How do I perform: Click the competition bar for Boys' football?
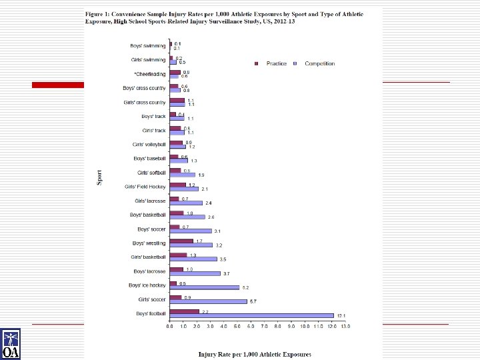coord(251,315)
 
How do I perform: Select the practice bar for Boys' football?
coord(185,311)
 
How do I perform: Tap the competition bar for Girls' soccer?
coord(208,301)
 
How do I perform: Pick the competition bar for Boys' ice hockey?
coord(204,287)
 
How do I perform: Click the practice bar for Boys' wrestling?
coord(181,241)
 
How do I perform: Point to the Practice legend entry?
coord(273,63)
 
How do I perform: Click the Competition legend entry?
coord(316,63)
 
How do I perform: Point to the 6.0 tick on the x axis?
coord(251,327)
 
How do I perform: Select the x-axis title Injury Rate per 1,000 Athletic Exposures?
coord(255,353)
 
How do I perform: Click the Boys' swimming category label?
coord(148,46)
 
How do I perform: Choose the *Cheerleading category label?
coord(149,74)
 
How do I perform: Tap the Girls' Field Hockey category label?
coord(145,186)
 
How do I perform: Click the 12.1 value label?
coord(340,315)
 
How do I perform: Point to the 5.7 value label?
coord(253,301)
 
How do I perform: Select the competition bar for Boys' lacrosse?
coord(195,273)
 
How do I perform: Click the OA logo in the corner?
coord(11,343)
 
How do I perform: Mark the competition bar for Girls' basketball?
coord(193,259)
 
